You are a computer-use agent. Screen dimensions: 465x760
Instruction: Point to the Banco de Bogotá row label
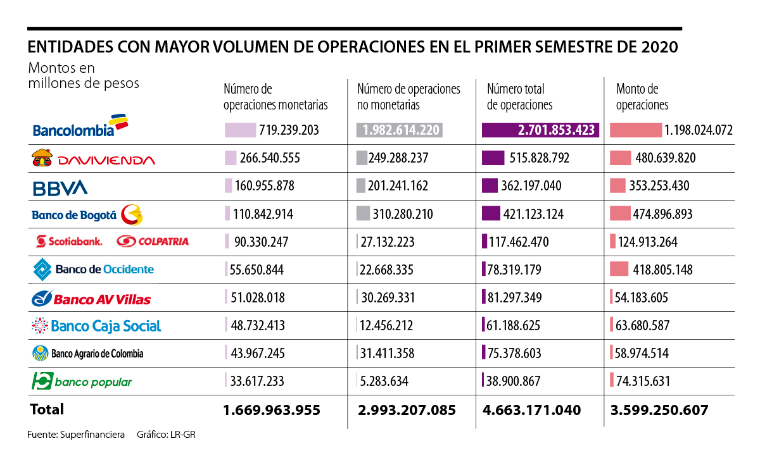click(x=87, y=215)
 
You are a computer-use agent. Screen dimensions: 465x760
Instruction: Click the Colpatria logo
click(x=153, y=241)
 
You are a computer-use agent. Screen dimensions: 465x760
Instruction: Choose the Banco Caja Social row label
click(x=96, y=326)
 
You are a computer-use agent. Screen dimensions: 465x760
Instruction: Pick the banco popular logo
click(x=82, y=381)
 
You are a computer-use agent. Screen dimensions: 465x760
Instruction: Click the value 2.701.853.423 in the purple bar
click(x=556, y=130)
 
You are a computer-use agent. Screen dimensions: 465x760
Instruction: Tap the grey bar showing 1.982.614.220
click(x=399, y=130)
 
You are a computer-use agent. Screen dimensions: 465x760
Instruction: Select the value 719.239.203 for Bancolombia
click(x=288, y=130)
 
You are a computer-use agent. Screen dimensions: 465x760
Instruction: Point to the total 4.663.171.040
click(x=533, y=410)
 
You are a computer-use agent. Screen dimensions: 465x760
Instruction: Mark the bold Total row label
click(x=47, y=409)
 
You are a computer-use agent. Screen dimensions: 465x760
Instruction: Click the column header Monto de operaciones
click(x=642, y=97)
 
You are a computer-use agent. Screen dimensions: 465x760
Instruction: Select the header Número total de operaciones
click(x=519, y=97)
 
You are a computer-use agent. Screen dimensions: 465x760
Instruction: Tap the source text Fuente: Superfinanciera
click(x=76, y=435)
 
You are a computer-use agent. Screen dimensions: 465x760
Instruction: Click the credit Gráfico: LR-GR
click(x=161, y=435)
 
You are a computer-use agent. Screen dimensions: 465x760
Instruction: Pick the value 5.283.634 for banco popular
click(x=383, y=381)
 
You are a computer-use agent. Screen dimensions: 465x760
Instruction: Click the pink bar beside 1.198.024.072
click(x=635, y=130)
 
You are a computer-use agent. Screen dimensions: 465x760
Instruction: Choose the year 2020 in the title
click(x=659, y=48)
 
